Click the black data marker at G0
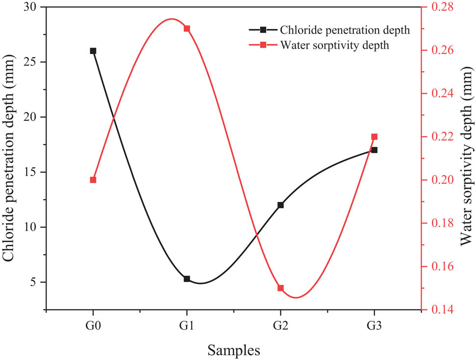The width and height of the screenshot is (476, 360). (x=93, y=51)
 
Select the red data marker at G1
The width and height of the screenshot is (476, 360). (x=187, y=28)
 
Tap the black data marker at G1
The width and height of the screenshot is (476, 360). (x=187, y=279)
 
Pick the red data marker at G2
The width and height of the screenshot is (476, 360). (x=280, y=288)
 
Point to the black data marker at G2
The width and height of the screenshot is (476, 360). (x=280, y=205)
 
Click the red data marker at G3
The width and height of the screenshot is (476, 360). (x=375, y=137)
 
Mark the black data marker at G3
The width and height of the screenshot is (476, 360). (x=375, y=150)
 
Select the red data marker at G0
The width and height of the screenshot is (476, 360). (x=93, y=180)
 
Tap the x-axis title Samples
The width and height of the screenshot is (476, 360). (x=233, y=350)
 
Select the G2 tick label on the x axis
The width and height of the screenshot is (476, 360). (x=280, y=326)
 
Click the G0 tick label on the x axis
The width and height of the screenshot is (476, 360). (x=93, y=326)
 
